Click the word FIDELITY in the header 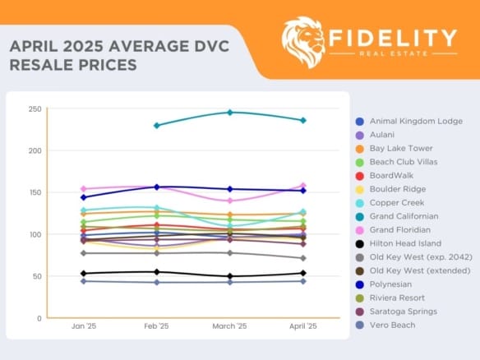[393, 38]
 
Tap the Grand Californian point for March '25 [229, 112]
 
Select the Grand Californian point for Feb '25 [156, 125]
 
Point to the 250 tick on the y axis [34, 108]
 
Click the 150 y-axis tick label [34, 192]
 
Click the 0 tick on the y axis [39, 318]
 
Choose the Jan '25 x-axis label [84, 326]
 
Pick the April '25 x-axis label [302, 326]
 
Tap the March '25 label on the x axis [229, 326]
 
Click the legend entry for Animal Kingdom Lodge [415, 121]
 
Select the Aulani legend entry [383, 135]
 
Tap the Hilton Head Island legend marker [360, 243]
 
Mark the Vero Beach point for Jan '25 [84, 281]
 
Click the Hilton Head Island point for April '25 [302, 273]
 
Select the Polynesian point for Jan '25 [84, 197]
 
